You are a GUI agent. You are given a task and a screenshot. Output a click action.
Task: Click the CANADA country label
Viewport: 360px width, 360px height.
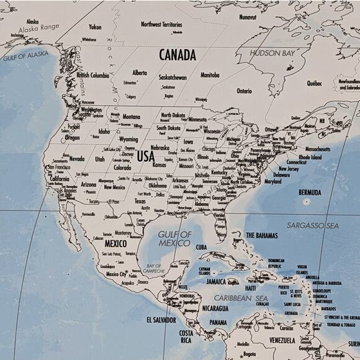pyautogui.click(x=178, y=55)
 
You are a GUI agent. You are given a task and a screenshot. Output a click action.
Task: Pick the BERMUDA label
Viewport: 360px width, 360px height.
pyautogui.click(x=310, y=192)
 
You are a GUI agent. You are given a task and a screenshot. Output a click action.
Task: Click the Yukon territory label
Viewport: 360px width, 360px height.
pyautogui.click(x=95, y=27)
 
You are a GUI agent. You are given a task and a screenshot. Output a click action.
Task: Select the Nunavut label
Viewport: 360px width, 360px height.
pyautogui.click(x=248, y=17)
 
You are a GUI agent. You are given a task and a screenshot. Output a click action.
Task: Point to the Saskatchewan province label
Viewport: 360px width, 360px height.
pyautogui.click(x=173, y=78)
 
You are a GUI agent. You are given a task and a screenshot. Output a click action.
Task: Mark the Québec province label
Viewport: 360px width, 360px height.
pyautogui.click(x=314, y=83)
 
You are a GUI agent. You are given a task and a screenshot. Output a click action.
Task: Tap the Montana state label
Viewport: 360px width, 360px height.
pyautogui.click(x=131, y=117)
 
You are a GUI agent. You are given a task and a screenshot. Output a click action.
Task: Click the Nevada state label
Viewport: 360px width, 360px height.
pyautogui.click(x=76, y=159)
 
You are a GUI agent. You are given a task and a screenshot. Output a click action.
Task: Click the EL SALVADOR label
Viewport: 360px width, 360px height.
pyautogui.click(x=161, y=320)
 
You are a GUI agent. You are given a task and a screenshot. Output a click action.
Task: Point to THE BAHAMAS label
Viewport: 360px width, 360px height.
pyautogui.click(x=261, y=235)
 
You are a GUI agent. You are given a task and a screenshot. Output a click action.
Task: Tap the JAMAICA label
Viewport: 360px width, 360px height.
pyautogui.click(x=216, y=281)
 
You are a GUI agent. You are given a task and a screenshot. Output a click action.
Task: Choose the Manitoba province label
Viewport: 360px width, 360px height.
pyautogui.click(x=210, y=75)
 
